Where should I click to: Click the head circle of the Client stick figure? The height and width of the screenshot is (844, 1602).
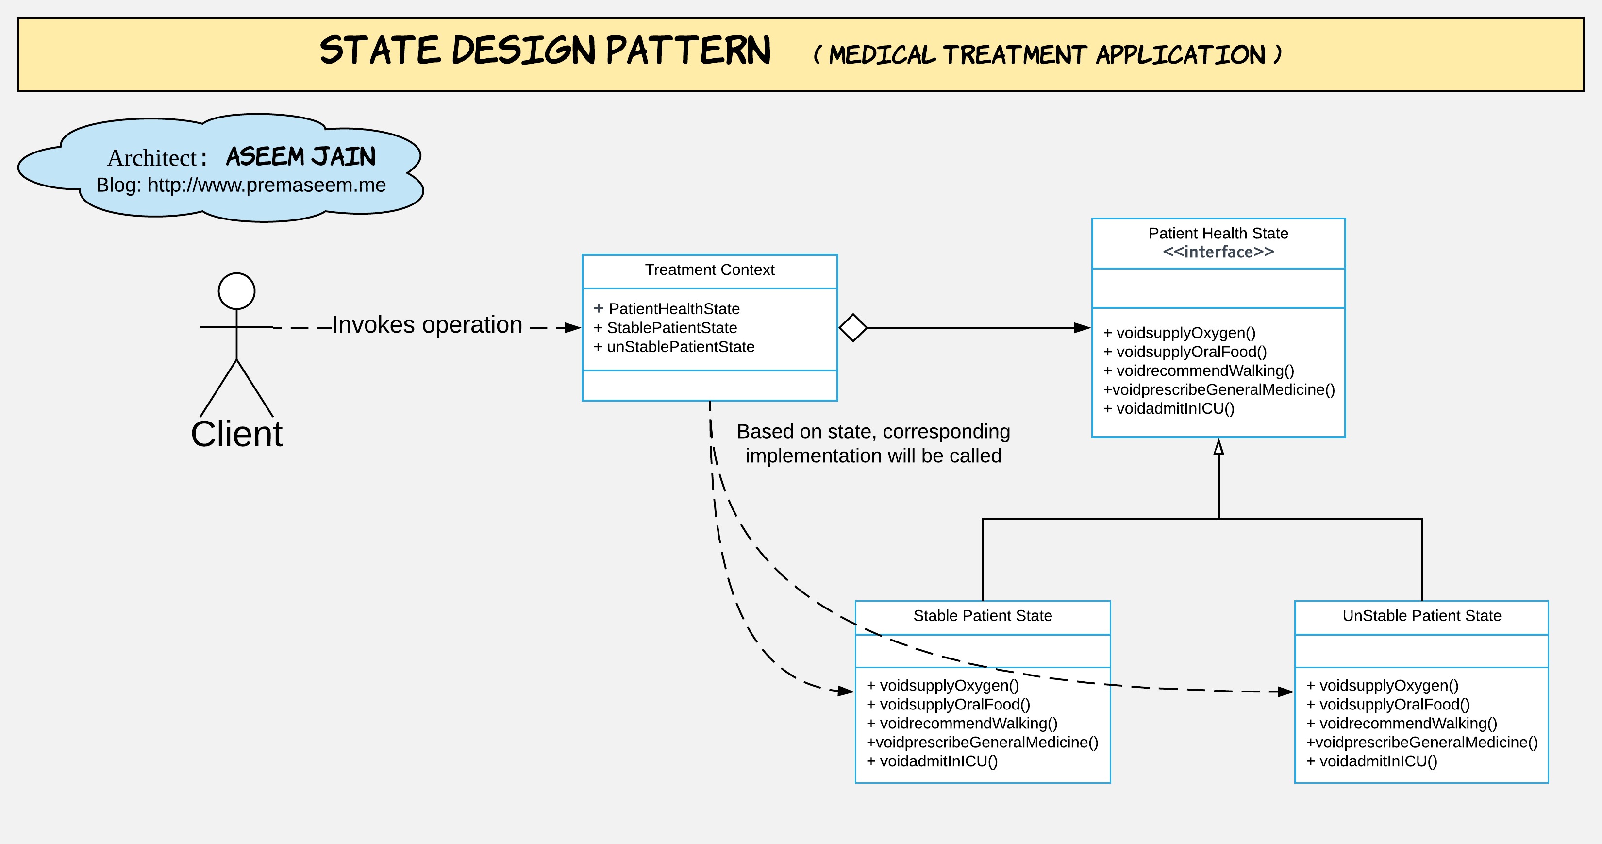[236, 291]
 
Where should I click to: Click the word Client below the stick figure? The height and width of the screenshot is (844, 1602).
[236, 434]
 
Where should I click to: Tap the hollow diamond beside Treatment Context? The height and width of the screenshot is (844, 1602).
[852, 328]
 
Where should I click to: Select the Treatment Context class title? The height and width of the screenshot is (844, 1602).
[710, 270]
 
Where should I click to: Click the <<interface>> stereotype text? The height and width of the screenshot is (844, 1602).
[1218, 252]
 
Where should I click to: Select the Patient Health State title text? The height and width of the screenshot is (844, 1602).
[1218, 233]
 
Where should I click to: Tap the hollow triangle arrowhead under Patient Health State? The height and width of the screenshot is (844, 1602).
[1219, 447]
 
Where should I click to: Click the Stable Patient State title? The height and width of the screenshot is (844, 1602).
[983, 616]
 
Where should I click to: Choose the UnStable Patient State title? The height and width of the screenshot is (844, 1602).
[1421, 616]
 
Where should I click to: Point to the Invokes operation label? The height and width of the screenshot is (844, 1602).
[427, 325]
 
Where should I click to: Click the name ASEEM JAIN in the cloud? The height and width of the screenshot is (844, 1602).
[301, 157]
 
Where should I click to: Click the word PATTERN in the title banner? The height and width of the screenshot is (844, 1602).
[688, 51]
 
